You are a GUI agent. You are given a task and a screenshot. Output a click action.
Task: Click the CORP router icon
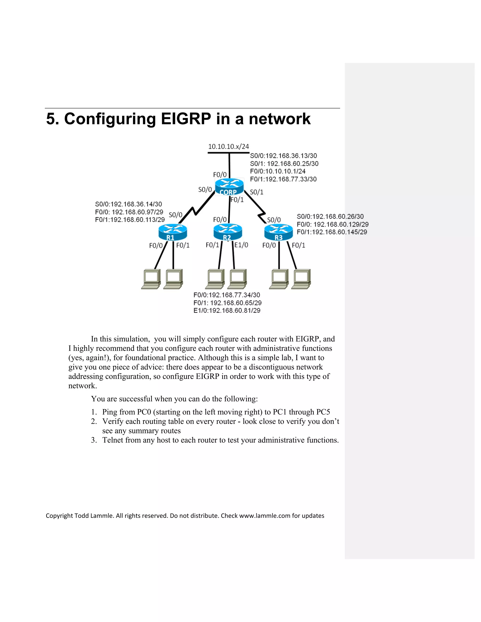(x=229, y=187)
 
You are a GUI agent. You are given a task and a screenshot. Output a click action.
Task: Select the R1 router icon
(x=173, y=232)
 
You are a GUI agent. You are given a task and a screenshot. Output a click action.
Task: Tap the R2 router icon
(x=228, y=232)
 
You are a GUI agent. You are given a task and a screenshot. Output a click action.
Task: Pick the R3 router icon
(x=278, y=232)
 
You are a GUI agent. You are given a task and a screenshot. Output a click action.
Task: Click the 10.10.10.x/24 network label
(x=229, y=147)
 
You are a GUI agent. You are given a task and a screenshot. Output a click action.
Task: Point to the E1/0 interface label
(x=241, y=245)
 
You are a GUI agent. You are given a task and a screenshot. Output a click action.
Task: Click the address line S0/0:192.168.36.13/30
(x=283, y=156)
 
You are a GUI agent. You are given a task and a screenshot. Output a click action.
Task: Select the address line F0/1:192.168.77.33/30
(x=283, y=179)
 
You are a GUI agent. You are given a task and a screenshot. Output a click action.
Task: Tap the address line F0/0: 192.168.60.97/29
(x=129, y=212)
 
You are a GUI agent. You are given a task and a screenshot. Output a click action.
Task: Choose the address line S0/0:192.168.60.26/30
(x=330, y=216)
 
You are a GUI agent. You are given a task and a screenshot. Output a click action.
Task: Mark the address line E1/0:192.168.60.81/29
(x=227, y=311)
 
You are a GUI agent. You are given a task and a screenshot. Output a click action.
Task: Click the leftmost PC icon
(x=151, y=279)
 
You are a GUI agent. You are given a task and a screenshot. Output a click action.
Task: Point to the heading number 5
(x=51, y=119)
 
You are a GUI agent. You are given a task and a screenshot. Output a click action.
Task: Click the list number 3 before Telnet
(x=94, y=440)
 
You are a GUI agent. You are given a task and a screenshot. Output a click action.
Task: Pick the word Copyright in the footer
(x=59, y=515)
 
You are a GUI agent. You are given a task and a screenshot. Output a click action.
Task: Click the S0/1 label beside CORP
(x=256, y=192)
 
